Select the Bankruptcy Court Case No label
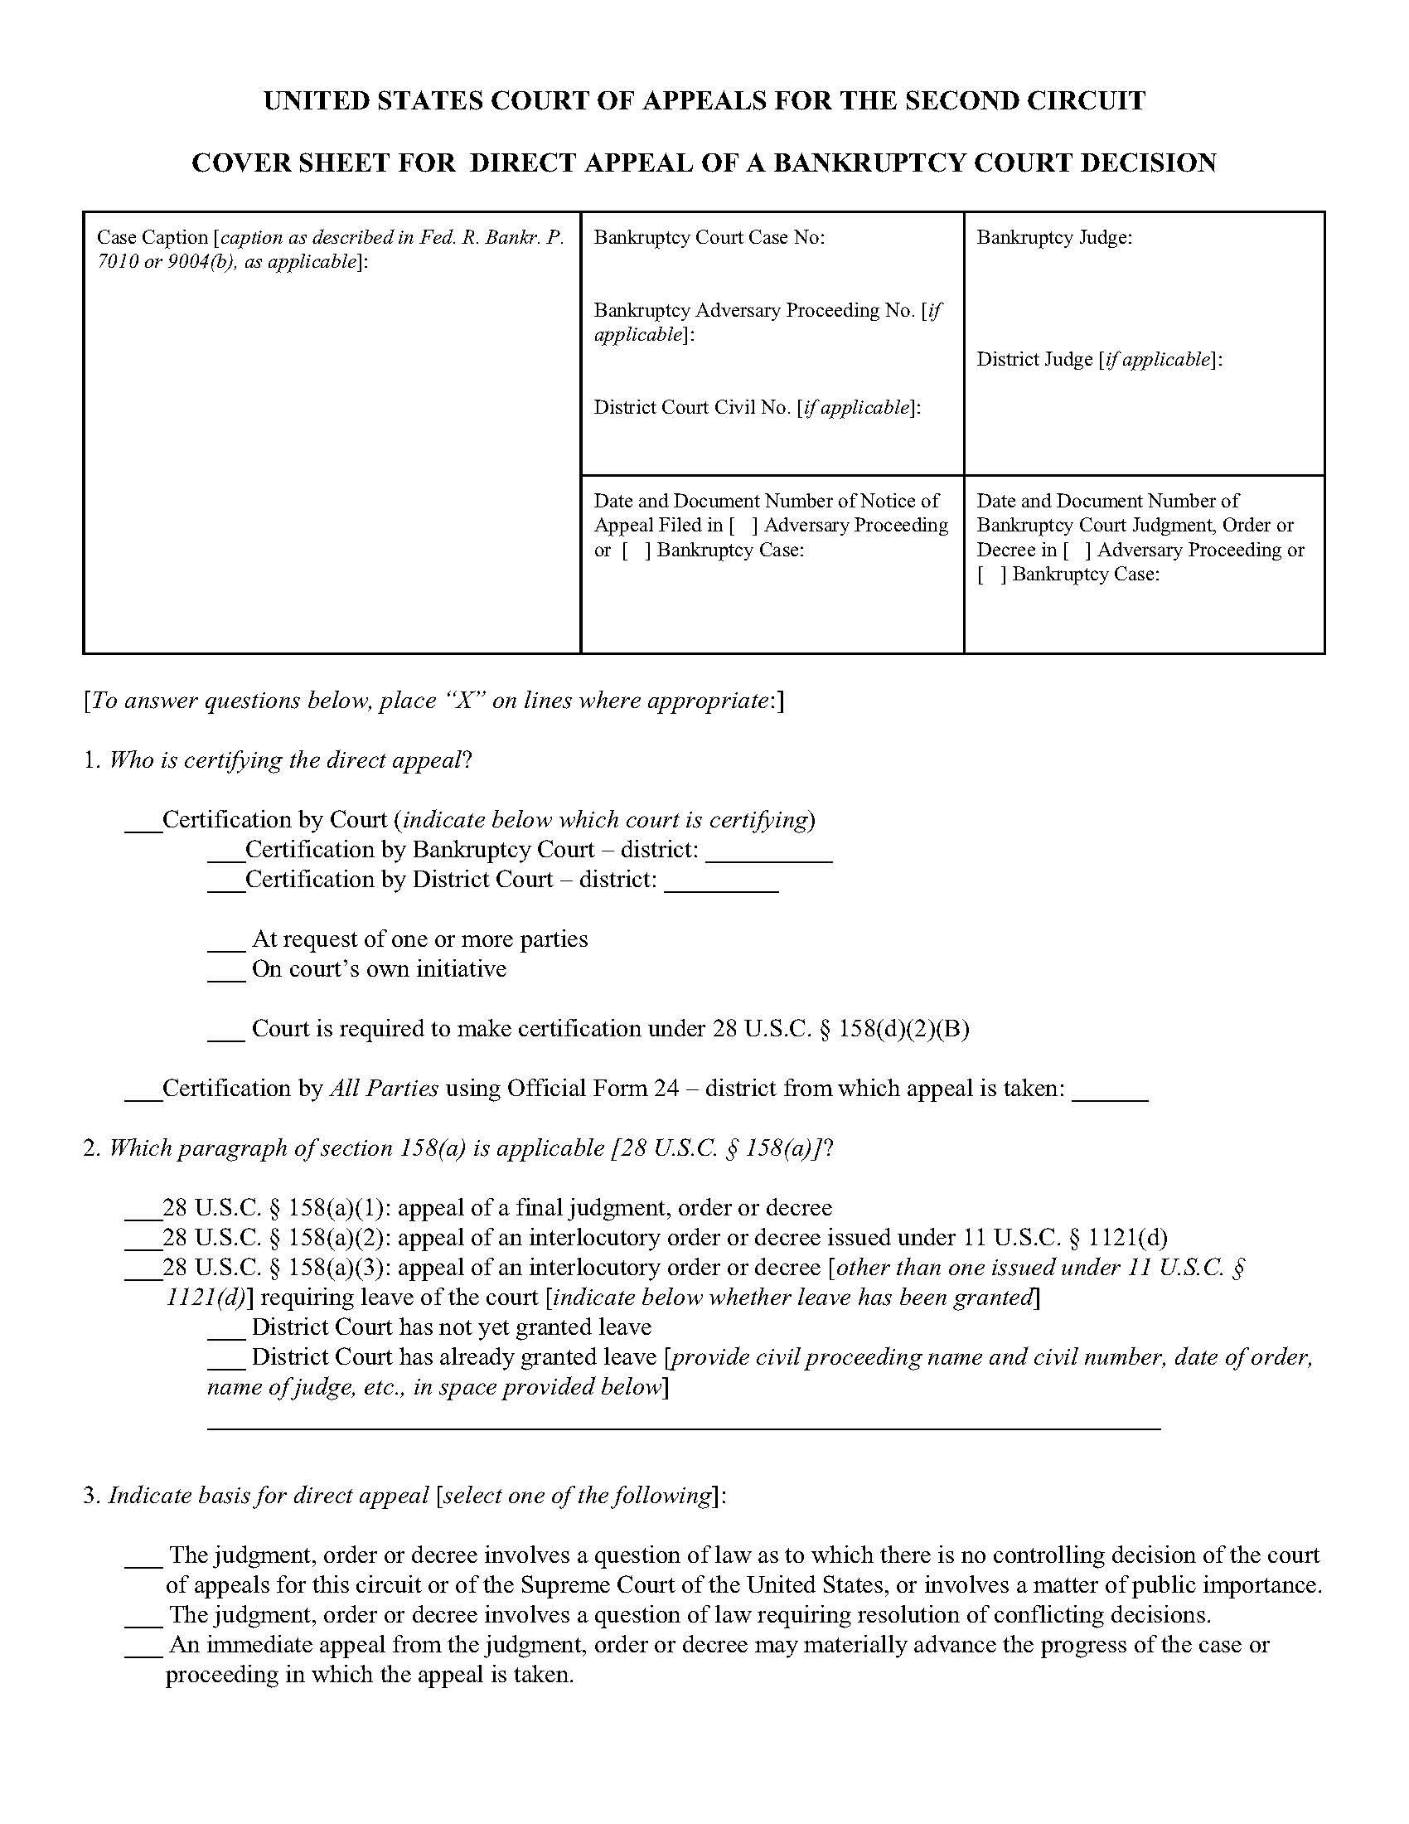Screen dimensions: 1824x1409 (x=709, y=238)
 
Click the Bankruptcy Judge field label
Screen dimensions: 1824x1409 (x=1054, y=238)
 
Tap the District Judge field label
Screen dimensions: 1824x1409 (x=1098, y=360)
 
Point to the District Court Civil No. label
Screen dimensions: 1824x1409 (x=756, y=408)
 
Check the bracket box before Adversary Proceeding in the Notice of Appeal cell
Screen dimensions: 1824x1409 (x=743, y=526)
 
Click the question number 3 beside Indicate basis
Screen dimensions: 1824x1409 (x=90, y=1496)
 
